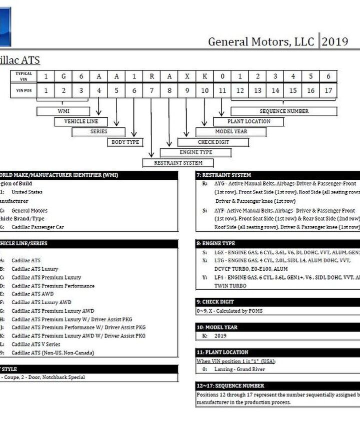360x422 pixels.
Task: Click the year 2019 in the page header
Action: pos(335,41)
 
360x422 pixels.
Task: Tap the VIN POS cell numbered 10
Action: pos(204,90)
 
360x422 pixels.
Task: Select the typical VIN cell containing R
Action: pos(151,76)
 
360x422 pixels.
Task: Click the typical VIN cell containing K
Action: pos(204,76)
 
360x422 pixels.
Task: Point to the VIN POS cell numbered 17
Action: pos(328,90)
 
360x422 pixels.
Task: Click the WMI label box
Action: pos(63,111)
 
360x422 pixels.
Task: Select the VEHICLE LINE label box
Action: pos(81,121)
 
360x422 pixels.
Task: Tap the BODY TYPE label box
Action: pos(125,142)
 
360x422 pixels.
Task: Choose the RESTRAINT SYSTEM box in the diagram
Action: pos(178,163)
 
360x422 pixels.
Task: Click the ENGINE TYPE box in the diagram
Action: pos(195,152)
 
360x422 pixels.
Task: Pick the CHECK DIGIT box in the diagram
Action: pos(213,142)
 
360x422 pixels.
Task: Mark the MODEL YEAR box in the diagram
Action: pos(231,132)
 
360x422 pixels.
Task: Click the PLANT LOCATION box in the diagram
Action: pos(248,121)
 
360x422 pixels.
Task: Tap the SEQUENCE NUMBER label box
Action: pos(284,111)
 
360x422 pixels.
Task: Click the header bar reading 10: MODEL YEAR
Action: pos(277,327)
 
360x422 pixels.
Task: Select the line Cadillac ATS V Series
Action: pos(35,345)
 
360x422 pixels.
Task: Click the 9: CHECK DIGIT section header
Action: pos(277,302)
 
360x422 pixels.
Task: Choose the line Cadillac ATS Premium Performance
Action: pos(53,286)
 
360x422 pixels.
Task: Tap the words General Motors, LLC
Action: pos(260,41)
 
